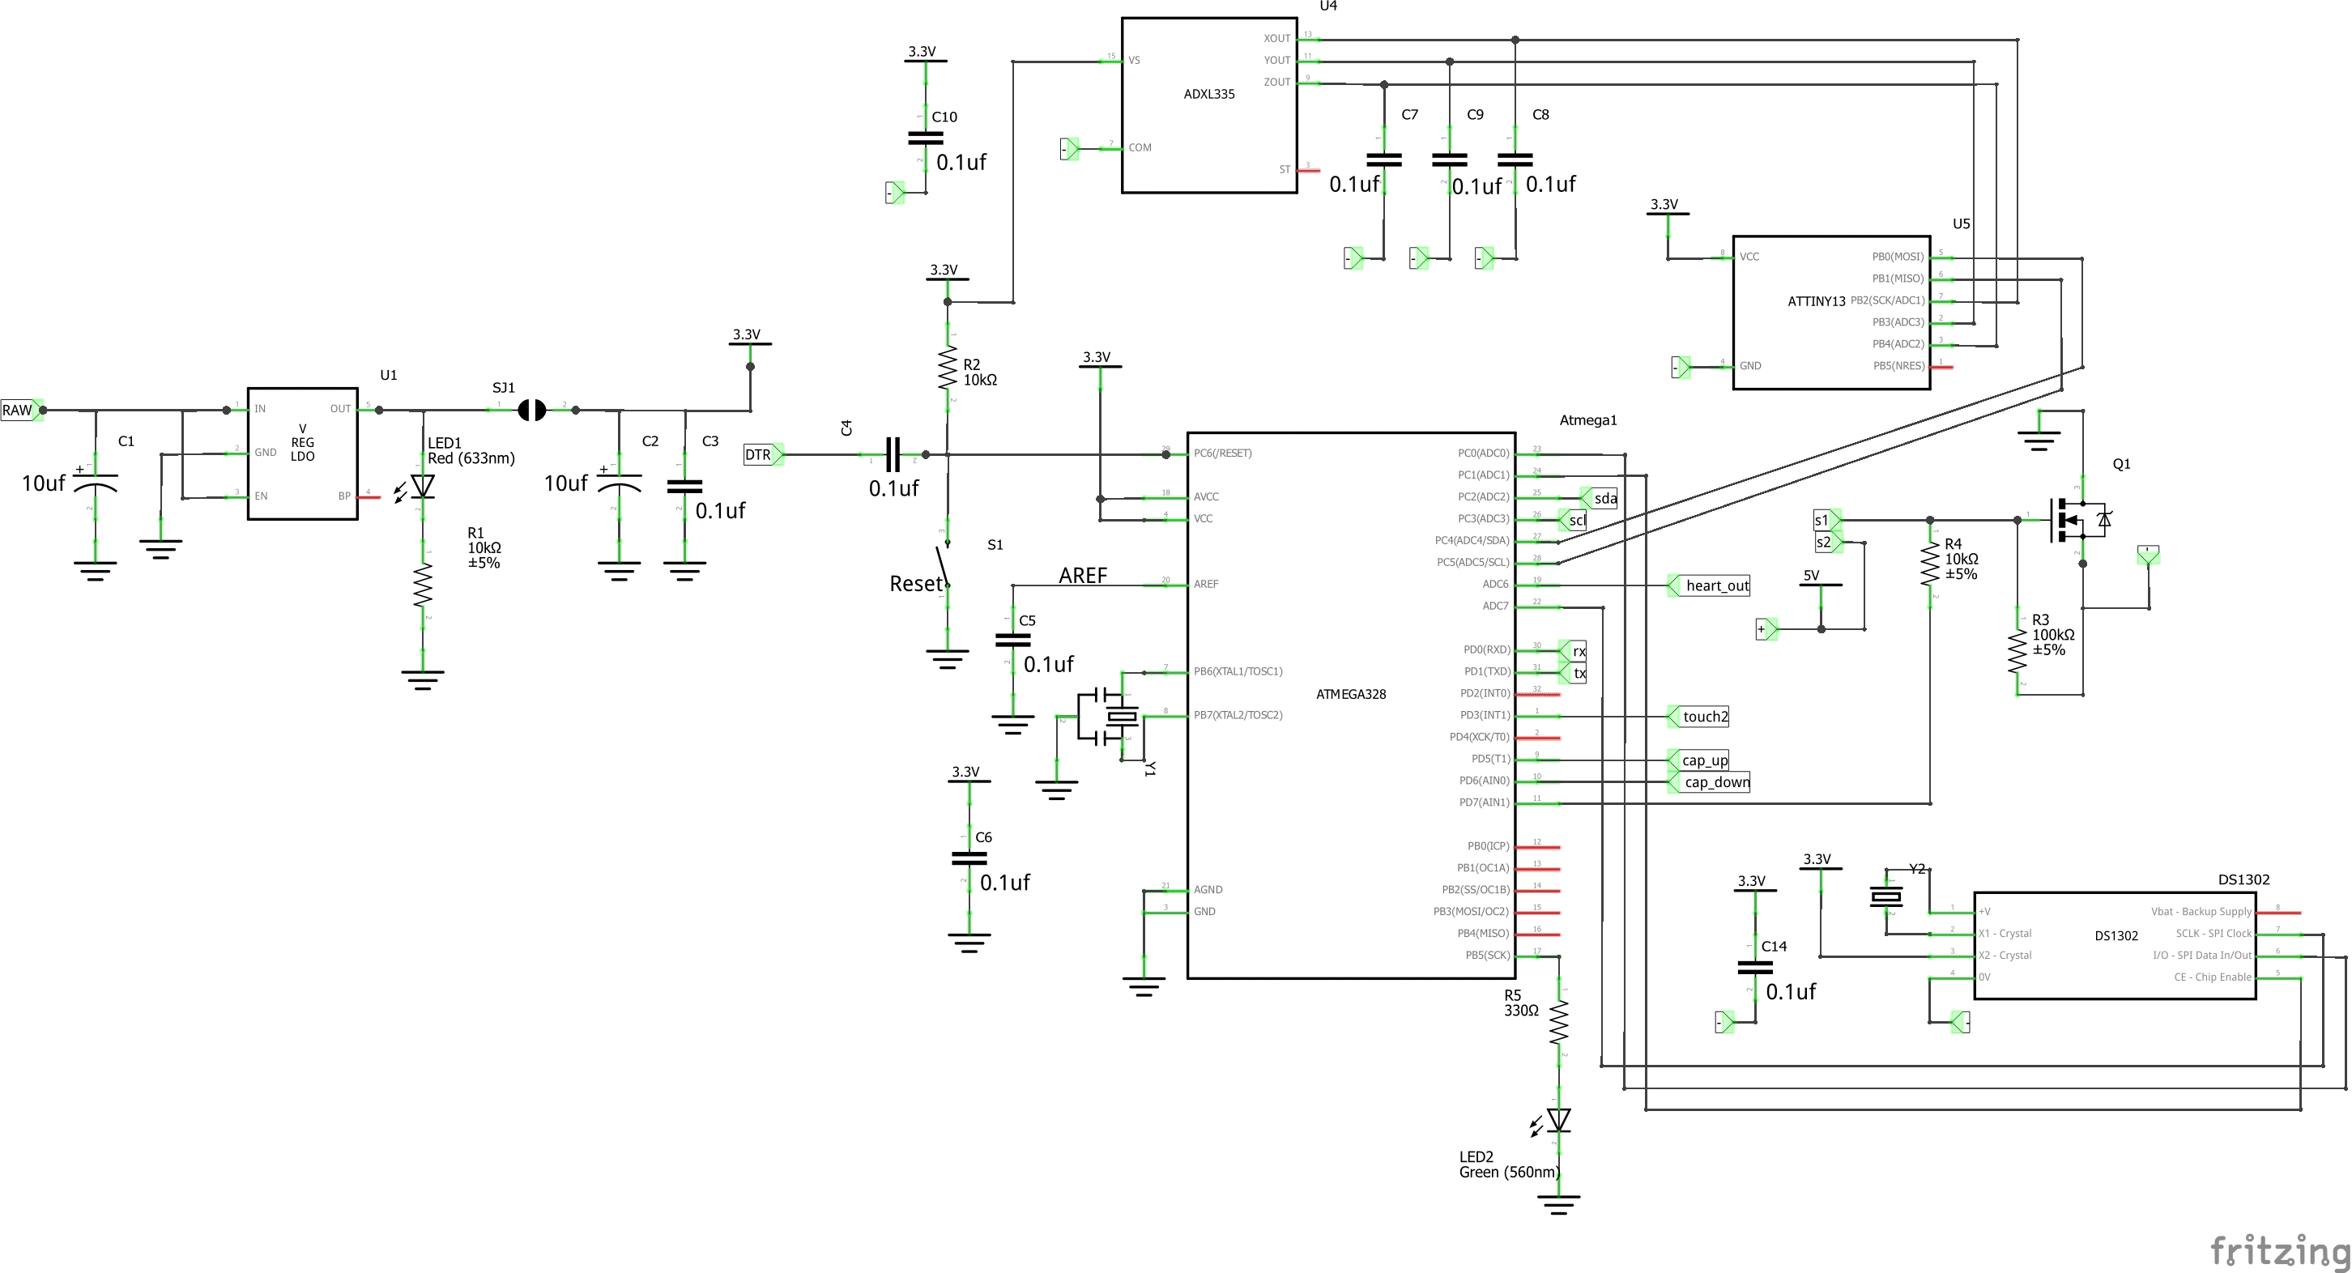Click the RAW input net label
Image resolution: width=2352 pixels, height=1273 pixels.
17,410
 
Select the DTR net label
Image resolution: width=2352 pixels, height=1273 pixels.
759,455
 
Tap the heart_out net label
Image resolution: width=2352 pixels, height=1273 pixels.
1716,586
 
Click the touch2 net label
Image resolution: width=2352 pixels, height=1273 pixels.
1705,717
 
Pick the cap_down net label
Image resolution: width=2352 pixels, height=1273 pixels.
1715,782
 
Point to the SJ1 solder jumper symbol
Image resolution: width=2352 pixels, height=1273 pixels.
531,410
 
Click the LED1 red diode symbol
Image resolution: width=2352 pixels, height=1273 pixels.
423,487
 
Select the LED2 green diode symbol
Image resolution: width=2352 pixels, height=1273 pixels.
1558,1120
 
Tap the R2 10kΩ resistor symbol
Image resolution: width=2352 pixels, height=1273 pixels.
948,367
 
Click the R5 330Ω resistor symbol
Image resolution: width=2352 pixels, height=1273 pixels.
1558,1023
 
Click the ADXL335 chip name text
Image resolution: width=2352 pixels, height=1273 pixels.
1209,94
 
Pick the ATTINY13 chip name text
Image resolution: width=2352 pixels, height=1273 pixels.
1816,301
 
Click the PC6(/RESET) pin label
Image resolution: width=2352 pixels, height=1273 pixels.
1222,453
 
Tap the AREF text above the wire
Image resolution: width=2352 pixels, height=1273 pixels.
1083,575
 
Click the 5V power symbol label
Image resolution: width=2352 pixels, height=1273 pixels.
1812,575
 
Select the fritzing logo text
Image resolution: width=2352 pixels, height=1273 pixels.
2279,1250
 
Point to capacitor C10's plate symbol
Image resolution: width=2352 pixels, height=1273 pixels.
926,138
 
